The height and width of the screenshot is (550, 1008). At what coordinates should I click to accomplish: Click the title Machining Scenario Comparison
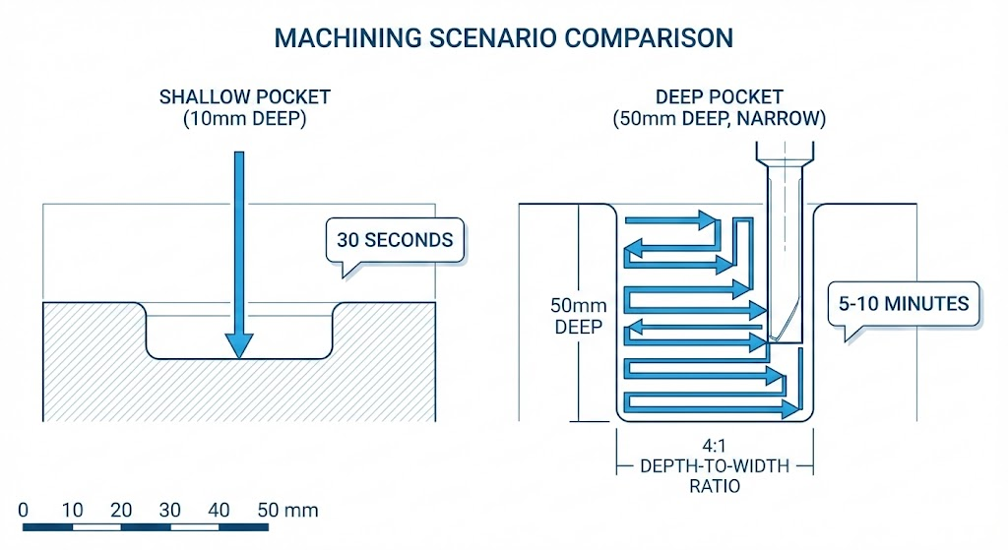(x=503, y=38)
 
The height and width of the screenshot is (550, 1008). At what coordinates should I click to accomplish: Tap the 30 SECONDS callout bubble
(x=394, y=239)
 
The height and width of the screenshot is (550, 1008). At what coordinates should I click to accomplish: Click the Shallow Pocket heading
(x=245, y=97)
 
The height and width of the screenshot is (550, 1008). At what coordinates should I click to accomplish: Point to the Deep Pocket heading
(x=719, y=97)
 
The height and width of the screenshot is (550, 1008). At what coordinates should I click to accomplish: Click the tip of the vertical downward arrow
(x=238, y=354)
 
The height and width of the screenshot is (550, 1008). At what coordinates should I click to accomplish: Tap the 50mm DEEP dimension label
(x=578, y=316)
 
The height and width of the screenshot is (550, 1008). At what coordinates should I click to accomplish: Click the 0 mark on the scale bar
(x=24, y=511)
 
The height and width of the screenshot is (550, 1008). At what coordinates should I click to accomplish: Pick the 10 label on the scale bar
(x=72, y=511)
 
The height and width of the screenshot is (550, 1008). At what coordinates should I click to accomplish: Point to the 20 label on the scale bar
(x=121, y=511)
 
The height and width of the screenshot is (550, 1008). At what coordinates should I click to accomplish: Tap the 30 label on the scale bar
(x=170, y=511)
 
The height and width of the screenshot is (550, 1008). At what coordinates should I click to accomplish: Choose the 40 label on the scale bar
(x=220, y=511)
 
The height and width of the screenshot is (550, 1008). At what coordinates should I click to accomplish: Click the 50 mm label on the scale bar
(x=287, y=511)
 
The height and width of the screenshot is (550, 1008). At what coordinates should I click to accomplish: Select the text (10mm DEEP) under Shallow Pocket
(x=245, y=120)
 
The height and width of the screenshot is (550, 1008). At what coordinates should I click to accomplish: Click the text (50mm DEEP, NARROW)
(x=719, y=120)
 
